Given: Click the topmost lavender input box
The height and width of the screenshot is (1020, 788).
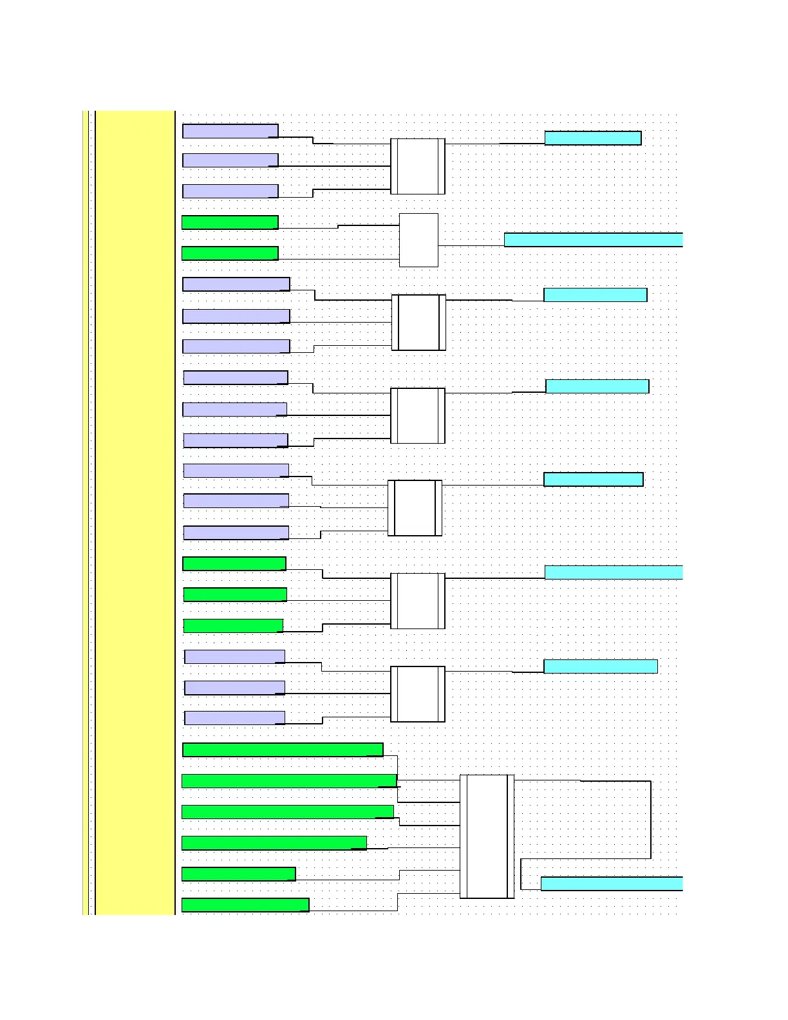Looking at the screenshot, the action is (x=230, y=131).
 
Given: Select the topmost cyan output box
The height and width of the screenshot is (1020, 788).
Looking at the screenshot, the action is (x=592, y=138).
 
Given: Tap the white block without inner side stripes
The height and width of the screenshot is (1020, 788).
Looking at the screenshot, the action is (x=418, y=240).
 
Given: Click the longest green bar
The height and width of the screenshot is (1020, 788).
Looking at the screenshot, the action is (x=289, y=780).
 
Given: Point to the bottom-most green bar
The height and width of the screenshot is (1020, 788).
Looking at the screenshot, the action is (x=245, y=905).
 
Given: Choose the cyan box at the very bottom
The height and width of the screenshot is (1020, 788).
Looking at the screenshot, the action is (x=611, y=883).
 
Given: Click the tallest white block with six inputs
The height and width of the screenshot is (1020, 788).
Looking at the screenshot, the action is (x=487, y=836).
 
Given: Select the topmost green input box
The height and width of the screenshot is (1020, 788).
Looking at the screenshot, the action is (x=230, y=222).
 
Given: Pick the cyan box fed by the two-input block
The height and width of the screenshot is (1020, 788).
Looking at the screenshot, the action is (x=593, y=240).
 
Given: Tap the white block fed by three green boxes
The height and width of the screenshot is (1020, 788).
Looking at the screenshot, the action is (x=418, y=601).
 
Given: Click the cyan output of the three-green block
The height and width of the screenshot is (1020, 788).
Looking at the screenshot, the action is (x=613, y=572).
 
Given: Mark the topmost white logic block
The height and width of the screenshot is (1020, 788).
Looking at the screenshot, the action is (x=418, y=166).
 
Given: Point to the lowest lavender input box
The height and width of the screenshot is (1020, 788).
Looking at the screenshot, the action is (x=234, y=718).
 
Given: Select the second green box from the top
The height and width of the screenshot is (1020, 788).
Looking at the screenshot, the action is (x=230, y=253).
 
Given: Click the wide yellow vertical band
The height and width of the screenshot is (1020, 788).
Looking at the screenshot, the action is (x=135, y=512).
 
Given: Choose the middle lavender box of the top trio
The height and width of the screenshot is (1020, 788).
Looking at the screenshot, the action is (x=230, y=160).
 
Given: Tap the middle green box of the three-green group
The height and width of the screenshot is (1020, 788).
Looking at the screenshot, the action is (x=235, y=594).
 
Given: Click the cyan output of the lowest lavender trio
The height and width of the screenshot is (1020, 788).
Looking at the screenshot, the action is (x=600, y=666).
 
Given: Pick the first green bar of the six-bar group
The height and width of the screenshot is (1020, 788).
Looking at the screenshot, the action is (x=283, y=750).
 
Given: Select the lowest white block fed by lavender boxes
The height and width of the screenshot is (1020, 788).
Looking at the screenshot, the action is (x=418, y=694).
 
